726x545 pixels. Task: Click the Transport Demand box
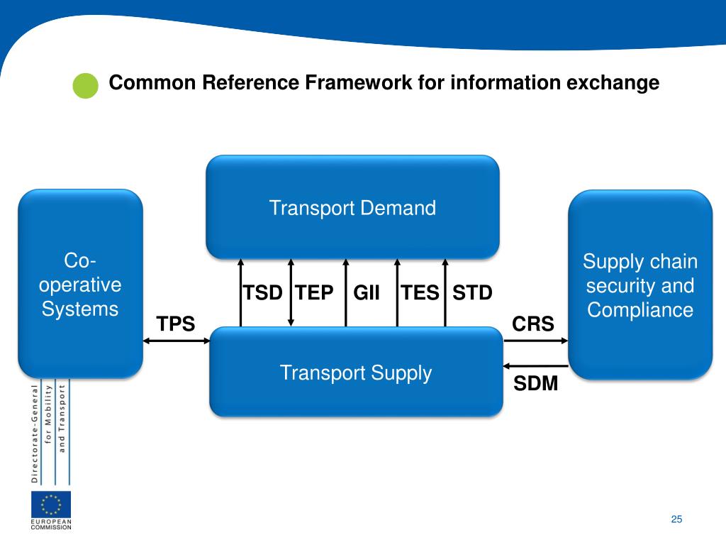[x=352, y=207]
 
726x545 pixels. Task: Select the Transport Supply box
[x=356, y=372]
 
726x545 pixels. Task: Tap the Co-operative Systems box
[x=80, y=284]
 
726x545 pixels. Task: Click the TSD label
[x=263, y=292]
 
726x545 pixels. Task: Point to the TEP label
[x=314, y=292]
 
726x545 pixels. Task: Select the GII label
[x=367, y=292]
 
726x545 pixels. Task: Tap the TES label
[x=420, y=292]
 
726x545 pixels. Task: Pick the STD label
[x=472, y=292]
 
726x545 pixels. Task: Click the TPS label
[x=176, y=324]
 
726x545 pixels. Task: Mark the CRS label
[x=533, y=324]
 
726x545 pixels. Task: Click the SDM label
[x=535, y=384]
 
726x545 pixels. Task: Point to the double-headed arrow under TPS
[x=177, y=341]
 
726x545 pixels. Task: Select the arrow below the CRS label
[x=536, y=341]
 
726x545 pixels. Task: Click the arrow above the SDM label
[x=536, y=366]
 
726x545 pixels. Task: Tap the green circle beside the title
[x=86, y=84]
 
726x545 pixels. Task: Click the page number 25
[x=676, y=519]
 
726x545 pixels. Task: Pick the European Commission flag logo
[x=51, y=505]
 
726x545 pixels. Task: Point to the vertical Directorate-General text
[x=34, y=434]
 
